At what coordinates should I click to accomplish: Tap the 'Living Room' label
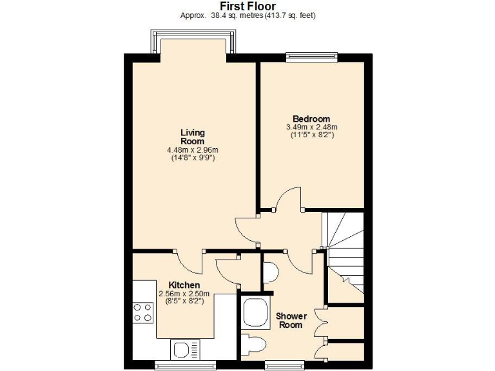click(x=192, y=137)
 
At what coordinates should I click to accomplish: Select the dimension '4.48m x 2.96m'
click(x=192, y=151)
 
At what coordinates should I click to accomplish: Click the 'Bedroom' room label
click(x=311, y=119)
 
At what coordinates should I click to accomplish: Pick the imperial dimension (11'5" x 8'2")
click(x=311, y=136)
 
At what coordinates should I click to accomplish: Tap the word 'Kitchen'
click(x=184, y=285)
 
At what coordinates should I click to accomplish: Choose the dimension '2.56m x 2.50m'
click(x=184, y=294)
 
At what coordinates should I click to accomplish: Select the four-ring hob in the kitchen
click(x=144, y=313)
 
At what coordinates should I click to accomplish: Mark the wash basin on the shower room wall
click(x=271, y=272)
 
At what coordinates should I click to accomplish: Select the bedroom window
click(x=311, y=57)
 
